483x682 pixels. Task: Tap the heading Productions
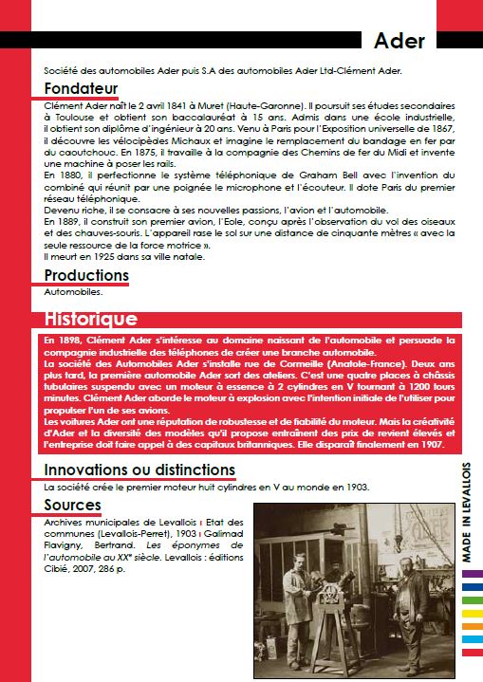tap(86, 275)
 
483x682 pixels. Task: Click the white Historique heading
tap(91, 319)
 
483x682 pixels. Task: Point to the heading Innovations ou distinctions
tap(139, 470)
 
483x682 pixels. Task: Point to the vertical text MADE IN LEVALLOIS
tap(468, 513)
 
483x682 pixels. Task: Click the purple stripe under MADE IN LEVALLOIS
tap(472, 573)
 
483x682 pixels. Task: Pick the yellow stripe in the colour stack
tap(472, 613)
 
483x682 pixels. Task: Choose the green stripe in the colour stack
tap(472, 625)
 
